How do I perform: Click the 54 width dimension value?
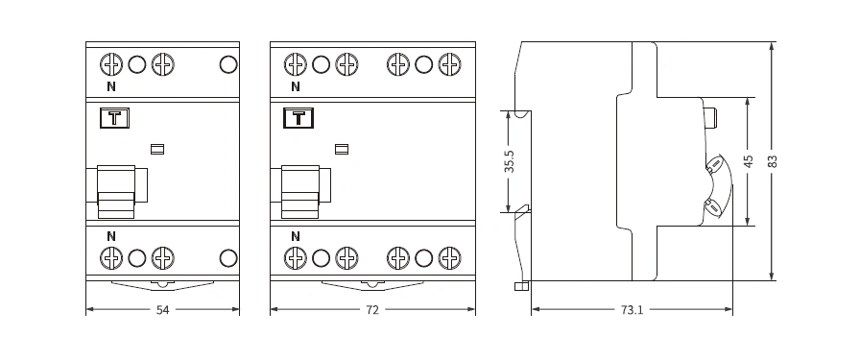click(163, 310)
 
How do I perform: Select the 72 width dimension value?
click(372, 310)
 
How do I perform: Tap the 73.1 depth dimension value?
click(632, 310)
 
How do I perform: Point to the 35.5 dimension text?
click(510, 162)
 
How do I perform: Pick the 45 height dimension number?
click(749, 161)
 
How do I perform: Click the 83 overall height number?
click(773, 161)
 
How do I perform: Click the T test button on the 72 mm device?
click(299, 118)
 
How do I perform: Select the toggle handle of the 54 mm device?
click(116, 192)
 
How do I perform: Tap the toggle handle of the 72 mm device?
click(300, 192)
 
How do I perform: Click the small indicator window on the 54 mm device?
click(157, 149)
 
